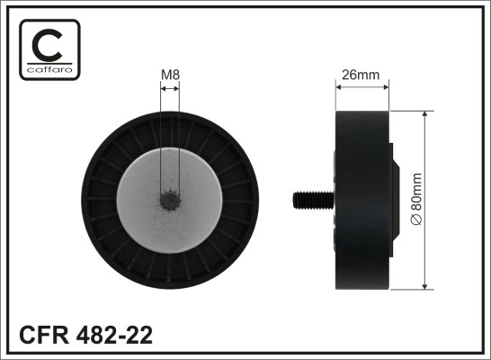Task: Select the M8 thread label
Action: (x=169, y=75)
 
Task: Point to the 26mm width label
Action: (x=362, y=75)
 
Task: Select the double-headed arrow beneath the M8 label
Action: (x=169, y=87)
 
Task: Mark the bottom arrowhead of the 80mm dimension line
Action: (x=424, y=286)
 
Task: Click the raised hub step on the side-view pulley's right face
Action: (x=394, y=200)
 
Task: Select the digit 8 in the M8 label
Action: (x=175, y=75)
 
